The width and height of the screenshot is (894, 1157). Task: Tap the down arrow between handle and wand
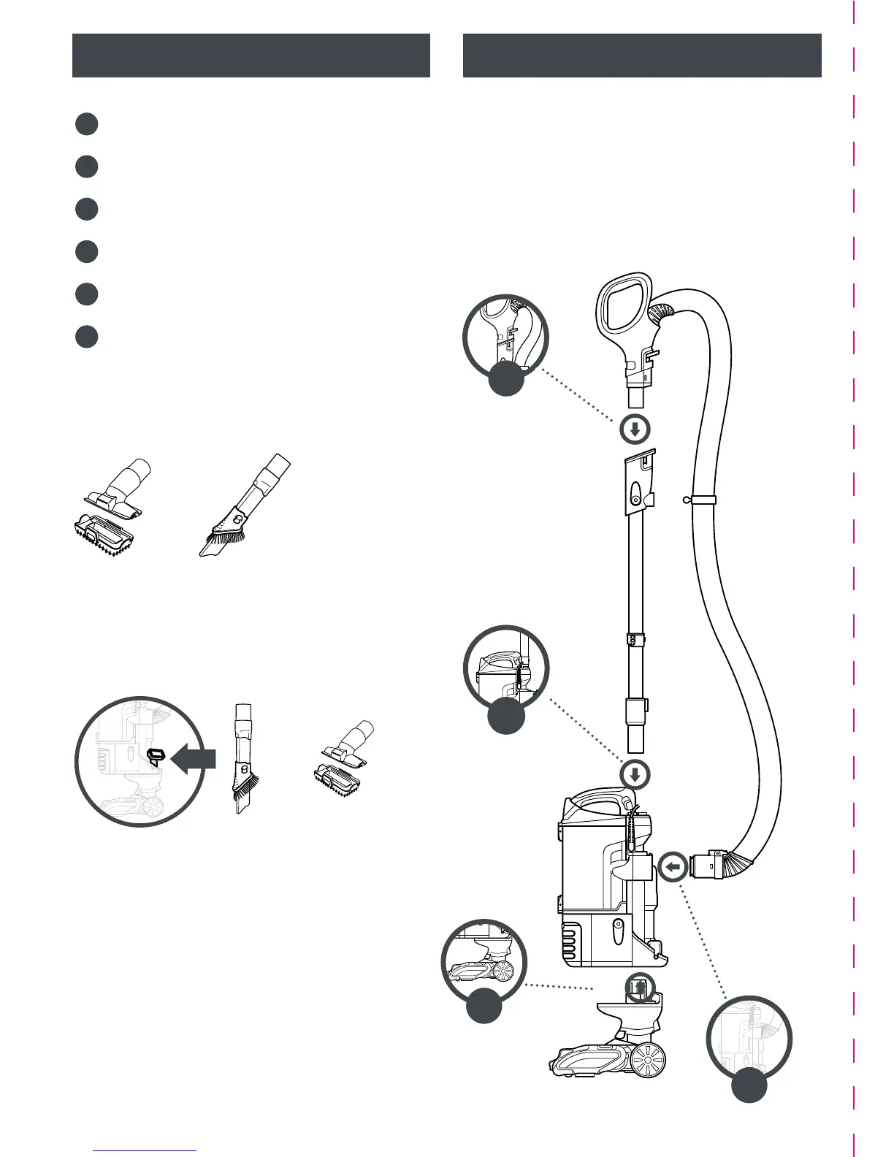coord(635,429)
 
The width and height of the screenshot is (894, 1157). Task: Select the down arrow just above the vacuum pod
coord(635,774)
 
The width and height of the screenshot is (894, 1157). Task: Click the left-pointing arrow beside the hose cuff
coord(673,868)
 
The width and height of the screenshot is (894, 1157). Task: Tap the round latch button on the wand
coord(636,500)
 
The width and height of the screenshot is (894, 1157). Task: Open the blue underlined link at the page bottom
coord(146,1150)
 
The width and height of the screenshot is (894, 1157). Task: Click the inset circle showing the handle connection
coord(505,336)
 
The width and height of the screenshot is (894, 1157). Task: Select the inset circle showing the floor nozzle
coord(483,960)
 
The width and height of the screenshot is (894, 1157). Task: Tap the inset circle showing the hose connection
coord(749,1038)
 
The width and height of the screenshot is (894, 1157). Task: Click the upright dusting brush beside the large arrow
coord(242,760)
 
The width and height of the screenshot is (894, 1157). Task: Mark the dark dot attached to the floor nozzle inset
coord(484,1004)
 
